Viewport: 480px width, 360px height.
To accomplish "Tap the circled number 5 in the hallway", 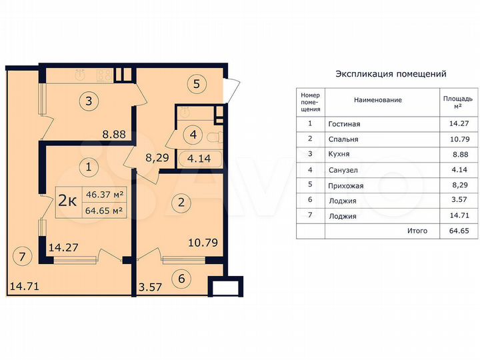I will click(197, 85).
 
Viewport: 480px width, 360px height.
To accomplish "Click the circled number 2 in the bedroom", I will click(180, 201).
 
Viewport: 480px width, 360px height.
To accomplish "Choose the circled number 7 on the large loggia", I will click(22, 255).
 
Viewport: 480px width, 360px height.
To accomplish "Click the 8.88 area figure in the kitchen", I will click(115, 133).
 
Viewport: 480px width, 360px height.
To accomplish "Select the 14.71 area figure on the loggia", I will click(24, 287).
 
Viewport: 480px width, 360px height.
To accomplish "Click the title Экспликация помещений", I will click(391, 74).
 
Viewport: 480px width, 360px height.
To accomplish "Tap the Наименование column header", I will click(378, 100).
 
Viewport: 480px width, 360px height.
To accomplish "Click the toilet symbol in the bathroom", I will click(212, 138).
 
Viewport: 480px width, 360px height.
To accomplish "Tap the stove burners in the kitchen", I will click(104, 75).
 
